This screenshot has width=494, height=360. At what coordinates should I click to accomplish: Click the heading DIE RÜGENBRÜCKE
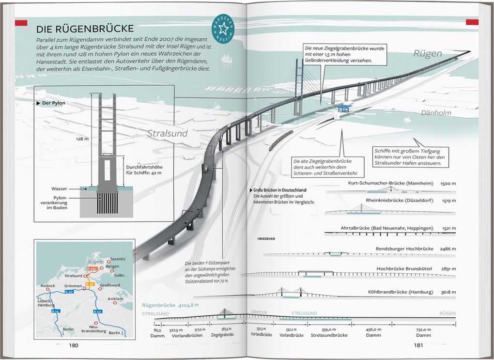tap(85, 29)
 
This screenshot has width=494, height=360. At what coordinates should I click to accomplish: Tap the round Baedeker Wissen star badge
tap(224, 29)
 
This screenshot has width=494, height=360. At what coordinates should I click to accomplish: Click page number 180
tap(73, 345)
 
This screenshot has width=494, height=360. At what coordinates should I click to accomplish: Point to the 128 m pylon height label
tap(82, 139)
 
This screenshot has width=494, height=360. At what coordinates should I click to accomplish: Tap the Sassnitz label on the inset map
tap(117, 259)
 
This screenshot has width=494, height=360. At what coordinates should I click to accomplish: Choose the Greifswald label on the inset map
tap(111, 285)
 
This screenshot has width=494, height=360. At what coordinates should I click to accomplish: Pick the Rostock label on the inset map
tap(48, 286)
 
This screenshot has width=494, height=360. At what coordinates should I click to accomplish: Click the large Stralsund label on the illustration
tap(167, 133)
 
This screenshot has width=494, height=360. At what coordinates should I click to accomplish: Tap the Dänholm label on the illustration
tap(436, 113)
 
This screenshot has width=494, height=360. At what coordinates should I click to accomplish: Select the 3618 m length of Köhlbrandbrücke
tap(448, 292)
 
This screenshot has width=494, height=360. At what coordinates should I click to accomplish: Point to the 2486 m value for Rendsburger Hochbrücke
tap(448, 249)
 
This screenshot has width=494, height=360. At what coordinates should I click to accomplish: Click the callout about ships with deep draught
tap(409, 157)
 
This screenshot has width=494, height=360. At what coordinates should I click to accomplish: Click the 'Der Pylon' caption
tap(53, 103)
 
